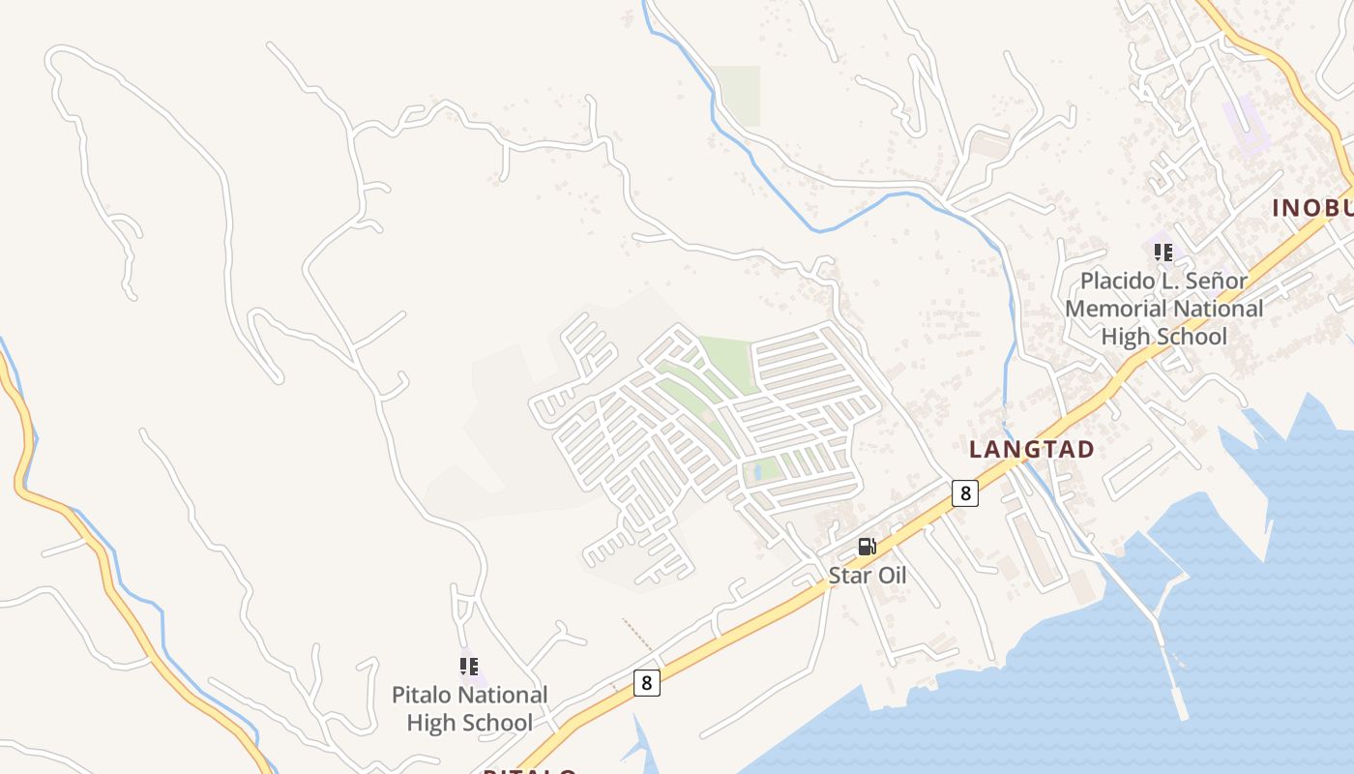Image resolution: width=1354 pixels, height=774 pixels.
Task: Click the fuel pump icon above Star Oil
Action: (x=867, y=547)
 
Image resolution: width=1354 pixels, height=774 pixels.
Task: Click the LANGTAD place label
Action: (x=1031, y=450)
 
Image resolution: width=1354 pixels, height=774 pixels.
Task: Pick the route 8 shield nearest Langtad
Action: (x=964, y=493)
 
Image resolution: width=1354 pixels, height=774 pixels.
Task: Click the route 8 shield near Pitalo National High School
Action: (x=647, y=683)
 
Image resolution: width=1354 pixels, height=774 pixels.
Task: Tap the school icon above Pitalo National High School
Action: (x=469, y=667)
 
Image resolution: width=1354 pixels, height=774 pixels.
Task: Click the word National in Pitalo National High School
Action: (x=503, y=695)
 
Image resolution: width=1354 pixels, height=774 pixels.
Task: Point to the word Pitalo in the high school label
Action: (x=422, y=695)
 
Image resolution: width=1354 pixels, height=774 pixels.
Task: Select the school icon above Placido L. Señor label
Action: (x=1163, y=253)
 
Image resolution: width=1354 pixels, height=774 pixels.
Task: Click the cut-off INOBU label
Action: (x=1311, y=208)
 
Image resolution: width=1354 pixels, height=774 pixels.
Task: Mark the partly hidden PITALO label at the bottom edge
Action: (x=530, y=770)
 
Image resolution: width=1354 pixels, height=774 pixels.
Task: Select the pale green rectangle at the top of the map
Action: (x=737, y=95)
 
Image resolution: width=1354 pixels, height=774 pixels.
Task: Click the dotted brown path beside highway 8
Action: (x=637, y=633)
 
